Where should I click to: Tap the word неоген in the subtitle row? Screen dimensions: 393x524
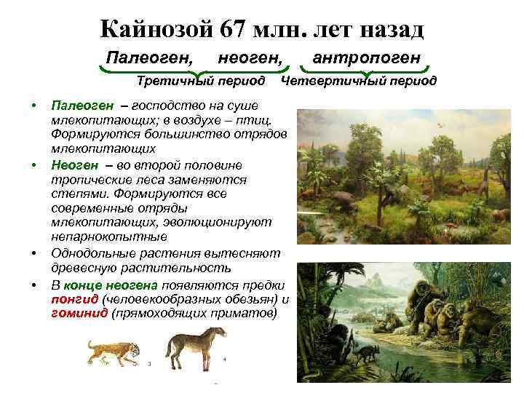point(250,56)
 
